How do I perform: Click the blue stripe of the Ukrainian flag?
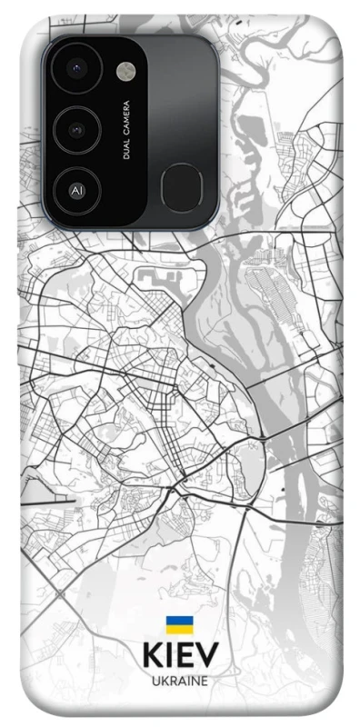179,621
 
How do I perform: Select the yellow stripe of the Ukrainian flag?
179,629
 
